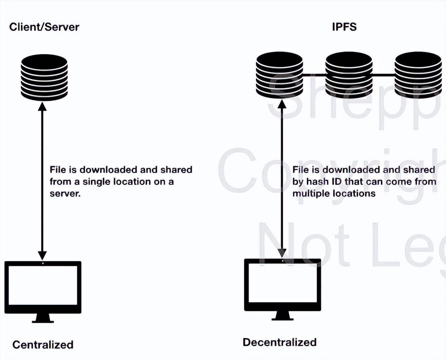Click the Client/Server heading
(x=44, y=27)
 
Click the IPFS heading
(x=344, y=27)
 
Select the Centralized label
(x=43, y=344)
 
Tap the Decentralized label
(x=279, y=342)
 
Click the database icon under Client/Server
(x=44, y=77)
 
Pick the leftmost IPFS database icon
(x=279, y=75)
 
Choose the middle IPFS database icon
(x=349, y=75)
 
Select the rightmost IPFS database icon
(x=418, y=75)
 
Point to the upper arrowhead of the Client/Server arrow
(x=42, y=106)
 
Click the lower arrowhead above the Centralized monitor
(x=42, y=255)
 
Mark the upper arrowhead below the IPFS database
(x=282, y=104)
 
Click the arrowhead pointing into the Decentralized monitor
(x=282, y=253)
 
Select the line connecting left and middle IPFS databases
(x=314, y=75)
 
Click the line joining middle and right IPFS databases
(x=384, y=75)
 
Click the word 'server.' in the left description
(x=65, y=193)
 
